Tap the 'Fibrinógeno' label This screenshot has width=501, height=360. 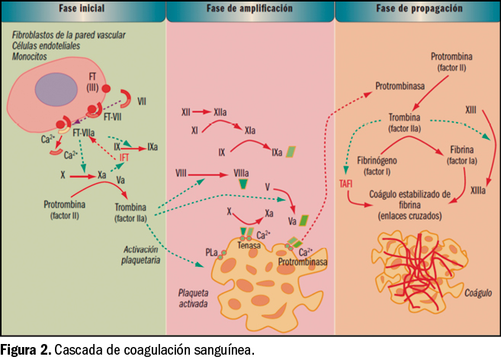tap(380, 160)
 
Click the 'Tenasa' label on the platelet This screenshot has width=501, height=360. tap(249, 246)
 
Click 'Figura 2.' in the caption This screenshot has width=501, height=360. tap(26, 350)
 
